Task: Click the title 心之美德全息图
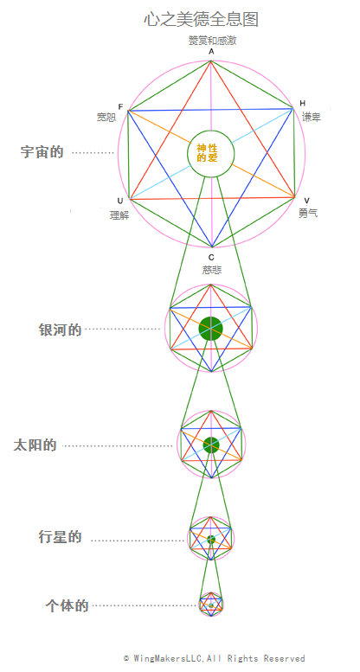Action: point(201,20)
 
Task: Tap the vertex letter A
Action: point(211,52)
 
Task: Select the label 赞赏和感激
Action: point(212,41)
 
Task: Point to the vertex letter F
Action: point(120,106)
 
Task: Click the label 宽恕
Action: point(106,117)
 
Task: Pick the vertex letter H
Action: point(303,103)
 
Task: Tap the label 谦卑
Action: point(312,117)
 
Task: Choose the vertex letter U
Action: point(120,201)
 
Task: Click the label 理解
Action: point(119,215)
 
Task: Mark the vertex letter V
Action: point(306,201)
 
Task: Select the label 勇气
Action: point(308,213)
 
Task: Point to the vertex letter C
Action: point(211,258)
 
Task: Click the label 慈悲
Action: point(212,270)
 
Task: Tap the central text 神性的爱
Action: point(207,153)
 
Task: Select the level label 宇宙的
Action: point(42,151)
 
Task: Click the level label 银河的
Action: point(60,330)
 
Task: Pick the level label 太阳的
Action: point(35,445)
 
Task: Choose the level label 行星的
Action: point(60,537)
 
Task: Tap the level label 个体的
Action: point(67,605)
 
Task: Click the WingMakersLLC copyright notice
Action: point(214,658)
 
